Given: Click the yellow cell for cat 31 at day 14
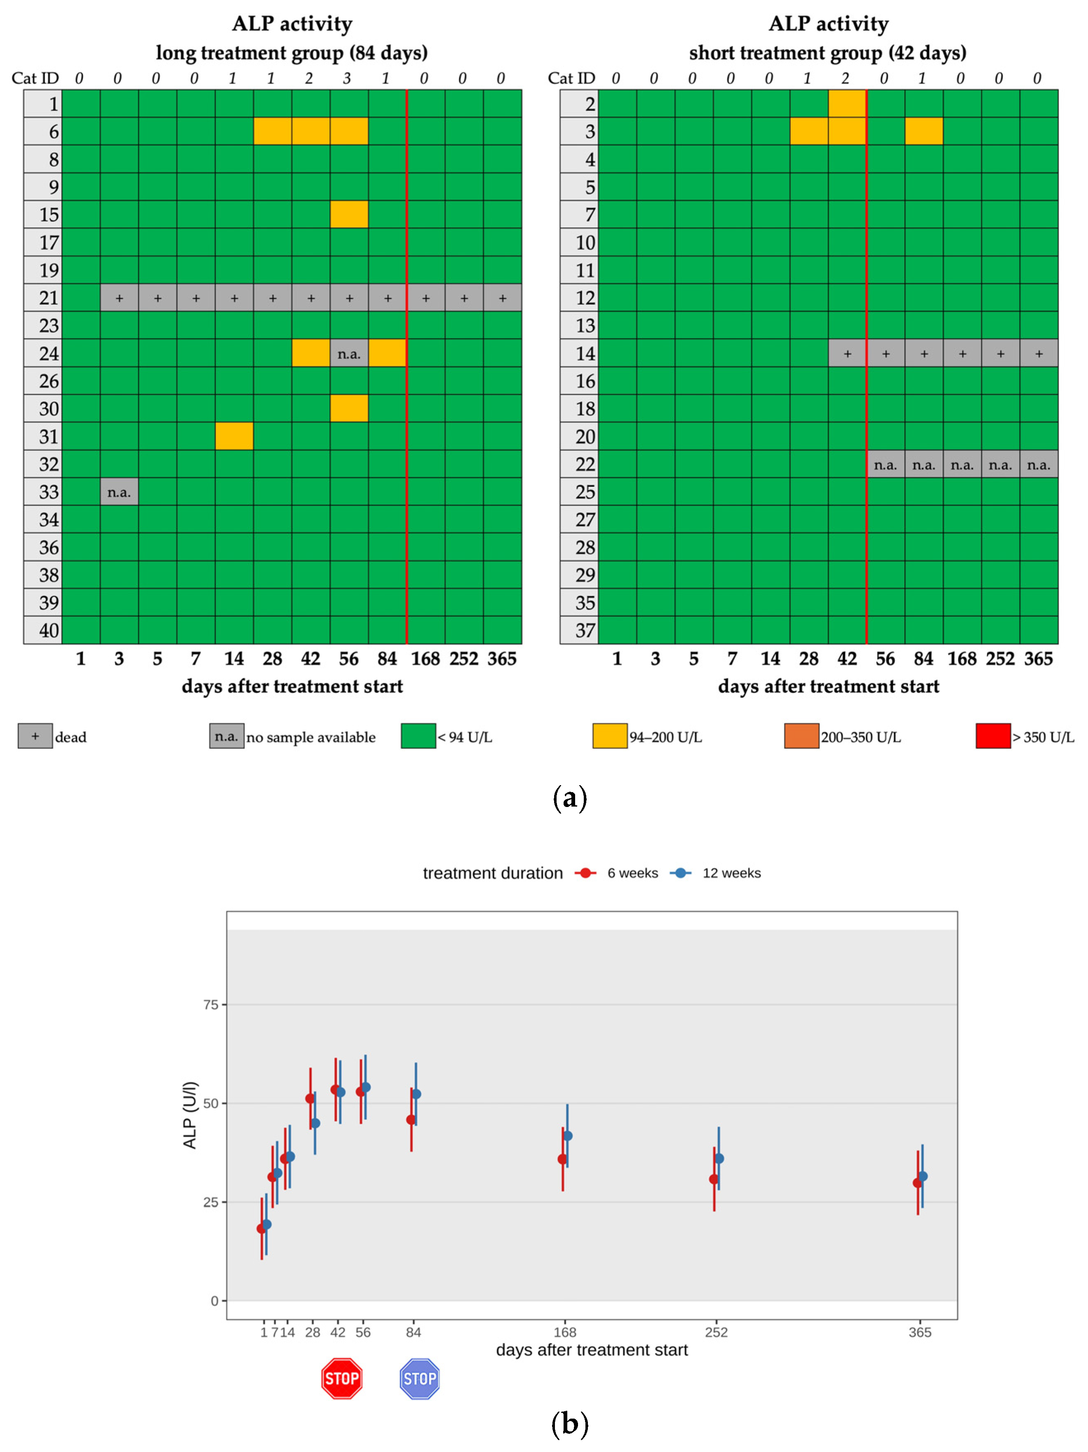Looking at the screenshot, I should pyautogui.click(x=234, y=436).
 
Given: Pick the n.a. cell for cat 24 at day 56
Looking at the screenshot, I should pyautogui.click(x=349, y=354).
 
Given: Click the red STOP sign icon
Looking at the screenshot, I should pyautogui.click(x=341, y=1378).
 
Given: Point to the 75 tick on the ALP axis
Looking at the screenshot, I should pyautogui.click(x=211, y=1004).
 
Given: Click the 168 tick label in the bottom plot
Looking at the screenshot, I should pyautogui.click(x=565, y=1332).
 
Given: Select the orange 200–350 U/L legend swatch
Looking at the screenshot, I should pyautogui.click(x=801, y=736).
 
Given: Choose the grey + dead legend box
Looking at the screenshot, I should pyautogui.click(x=35, y=736).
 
